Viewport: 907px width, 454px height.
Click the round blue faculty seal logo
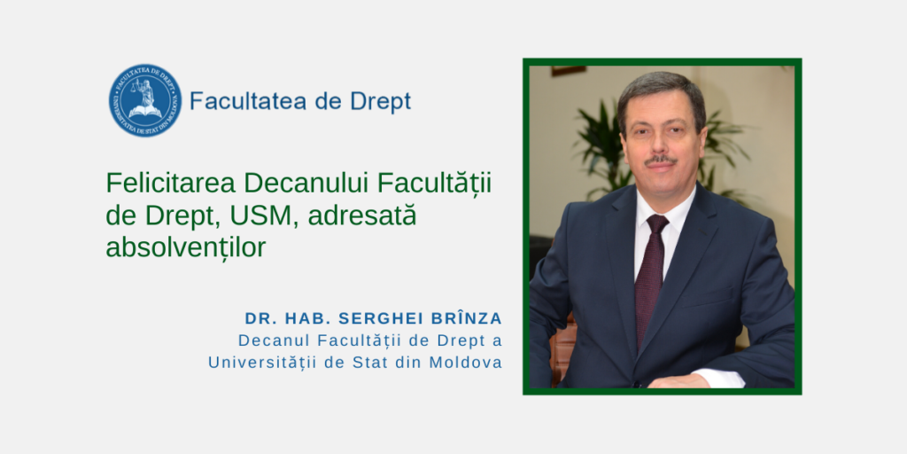145,100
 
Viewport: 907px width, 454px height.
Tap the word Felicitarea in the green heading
171,184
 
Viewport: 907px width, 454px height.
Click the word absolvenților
186,247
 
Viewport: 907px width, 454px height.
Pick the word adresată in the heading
362,215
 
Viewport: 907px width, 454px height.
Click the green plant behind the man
601,145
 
